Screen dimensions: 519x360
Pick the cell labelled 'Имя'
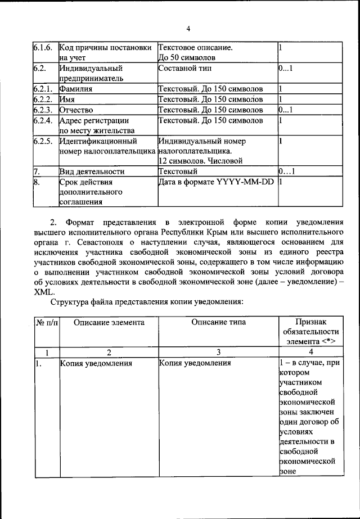point(67,99)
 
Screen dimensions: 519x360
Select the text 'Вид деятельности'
point(91,171)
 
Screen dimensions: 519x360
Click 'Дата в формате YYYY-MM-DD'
point(215,182)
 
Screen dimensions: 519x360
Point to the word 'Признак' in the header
point(310,322)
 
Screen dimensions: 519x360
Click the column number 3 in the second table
point(218,352)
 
